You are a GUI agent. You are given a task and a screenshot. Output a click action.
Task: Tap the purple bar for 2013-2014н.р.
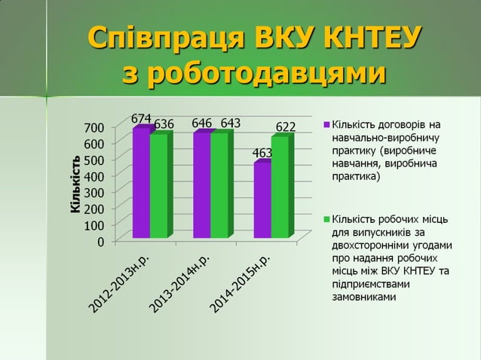click(x=201, y=185)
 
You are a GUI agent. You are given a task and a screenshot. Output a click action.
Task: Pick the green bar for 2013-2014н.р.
click(x=219, y=185)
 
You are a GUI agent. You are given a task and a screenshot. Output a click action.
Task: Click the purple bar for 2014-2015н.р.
click(x=262, y=200)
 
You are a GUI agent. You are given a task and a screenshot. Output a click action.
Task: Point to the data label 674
click(x=141, y=119)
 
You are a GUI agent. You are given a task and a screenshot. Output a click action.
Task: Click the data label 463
click(x=262, y=154)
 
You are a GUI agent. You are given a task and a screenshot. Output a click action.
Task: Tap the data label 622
click(x=285, y=127)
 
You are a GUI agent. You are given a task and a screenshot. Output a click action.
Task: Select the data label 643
click(x=231, y=123)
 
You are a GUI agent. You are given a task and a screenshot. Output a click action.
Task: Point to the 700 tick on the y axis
click(x=94, y=127)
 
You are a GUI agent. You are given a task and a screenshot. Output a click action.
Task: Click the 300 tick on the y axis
click(x=94, y=192)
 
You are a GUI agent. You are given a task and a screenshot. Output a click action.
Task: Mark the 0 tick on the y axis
click(x=100, y=242)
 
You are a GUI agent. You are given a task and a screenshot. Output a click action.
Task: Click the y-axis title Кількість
click(x=75, y=184)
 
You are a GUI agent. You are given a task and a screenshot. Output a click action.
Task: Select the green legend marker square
click(x=326, y=219)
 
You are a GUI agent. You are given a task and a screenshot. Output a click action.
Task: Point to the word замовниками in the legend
click(x=363, y=297)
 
